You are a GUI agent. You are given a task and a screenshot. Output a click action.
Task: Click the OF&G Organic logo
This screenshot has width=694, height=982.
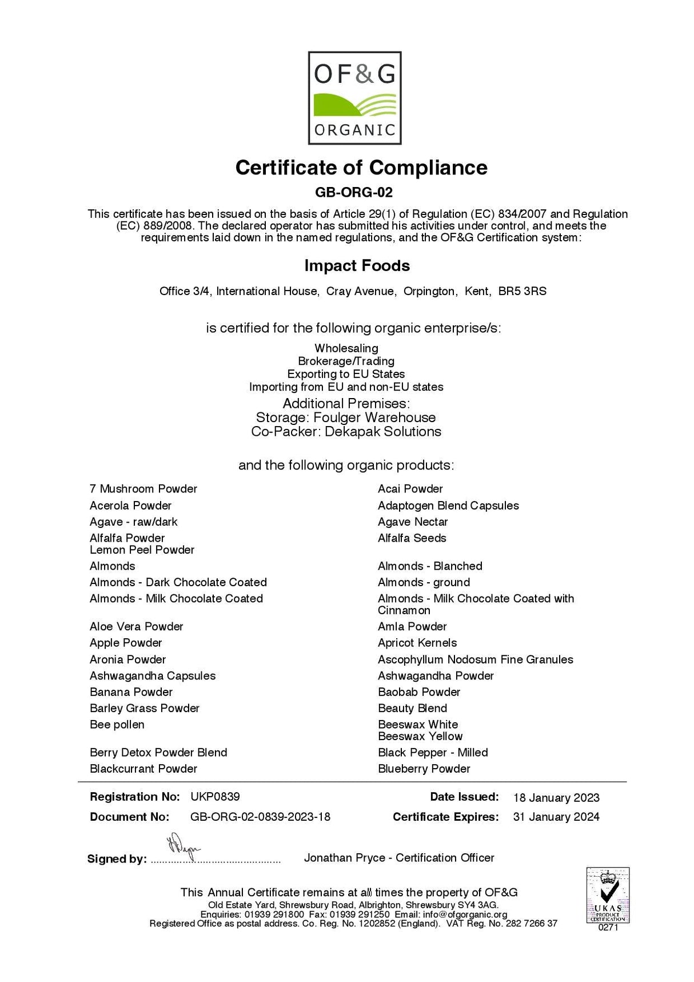[x=354, y=98]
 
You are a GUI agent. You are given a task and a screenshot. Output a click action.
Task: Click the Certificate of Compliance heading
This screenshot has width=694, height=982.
[x=361, y=168]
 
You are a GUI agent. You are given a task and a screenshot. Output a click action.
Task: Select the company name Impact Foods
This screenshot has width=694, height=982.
[x=357, y=265]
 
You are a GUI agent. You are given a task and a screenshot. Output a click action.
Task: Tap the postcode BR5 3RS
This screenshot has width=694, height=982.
[x=522, y=291]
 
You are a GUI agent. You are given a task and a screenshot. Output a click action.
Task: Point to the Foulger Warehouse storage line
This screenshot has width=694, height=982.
[x=346, y=418]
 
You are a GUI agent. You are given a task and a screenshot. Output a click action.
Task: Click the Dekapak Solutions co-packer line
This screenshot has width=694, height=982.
[x=346, y=431]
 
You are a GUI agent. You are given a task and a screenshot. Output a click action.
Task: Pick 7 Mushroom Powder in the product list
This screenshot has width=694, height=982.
[x=143, y=489]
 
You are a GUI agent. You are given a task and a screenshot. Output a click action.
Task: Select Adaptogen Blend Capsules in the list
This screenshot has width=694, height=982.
[x=448, y=506]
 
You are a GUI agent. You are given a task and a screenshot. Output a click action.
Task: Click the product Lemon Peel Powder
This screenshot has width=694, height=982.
[x=142, y=550]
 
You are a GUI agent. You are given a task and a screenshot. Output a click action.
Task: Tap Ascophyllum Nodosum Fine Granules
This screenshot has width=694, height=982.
[x=475, y=659]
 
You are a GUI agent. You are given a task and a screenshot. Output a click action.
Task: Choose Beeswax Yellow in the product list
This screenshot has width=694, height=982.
[x=420, y=736]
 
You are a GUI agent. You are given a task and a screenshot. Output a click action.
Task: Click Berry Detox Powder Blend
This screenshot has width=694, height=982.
[x=158, y=753]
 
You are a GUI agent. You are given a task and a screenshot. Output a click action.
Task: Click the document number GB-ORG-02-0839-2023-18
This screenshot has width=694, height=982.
[x=260, y=817]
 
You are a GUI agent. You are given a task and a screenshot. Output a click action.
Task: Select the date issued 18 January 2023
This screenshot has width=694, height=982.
[x=556, y=797]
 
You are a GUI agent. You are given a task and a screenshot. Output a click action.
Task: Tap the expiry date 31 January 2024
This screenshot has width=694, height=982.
[x=556, y=817]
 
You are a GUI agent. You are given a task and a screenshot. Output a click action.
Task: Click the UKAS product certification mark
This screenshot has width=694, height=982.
[x=608, y=895]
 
